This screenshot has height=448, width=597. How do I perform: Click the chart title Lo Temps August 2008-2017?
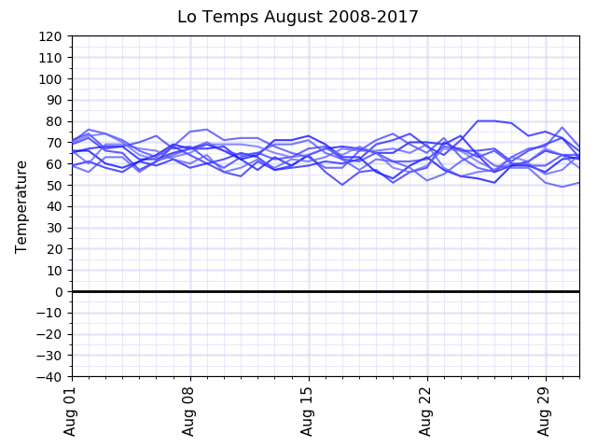pyautogui.click(x=298, y=17)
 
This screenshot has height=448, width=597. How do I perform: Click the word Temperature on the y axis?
pyautogui.click(x=21, y=206)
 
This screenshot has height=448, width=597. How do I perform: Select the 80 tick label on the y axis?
pyautogui.click(x=53, y=121)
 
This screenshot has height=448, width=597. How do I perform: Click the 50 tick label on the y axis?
pyautogui.click(x=53, y=186)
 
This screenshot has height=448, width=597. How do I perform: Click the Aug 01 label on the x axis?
pyautogui.click(x=71, y=411)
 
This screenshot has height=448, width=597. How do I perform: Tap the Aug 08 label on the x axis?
pyautogui.click(x=190, y=411)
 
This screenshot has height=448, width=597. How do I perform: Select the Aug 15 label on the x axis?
pyautogui.click(x=309, y=411)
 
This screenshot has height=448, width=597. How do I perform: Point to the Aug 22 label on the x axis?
pyautogui.click(x=427, y=411)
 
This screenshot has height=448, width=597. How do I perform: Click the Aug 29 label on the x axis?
pyautogui.click(x=546, y=411)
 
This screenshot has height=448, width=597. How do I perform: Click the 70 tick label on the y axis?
pyautogui.click(x=53, y=143)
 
